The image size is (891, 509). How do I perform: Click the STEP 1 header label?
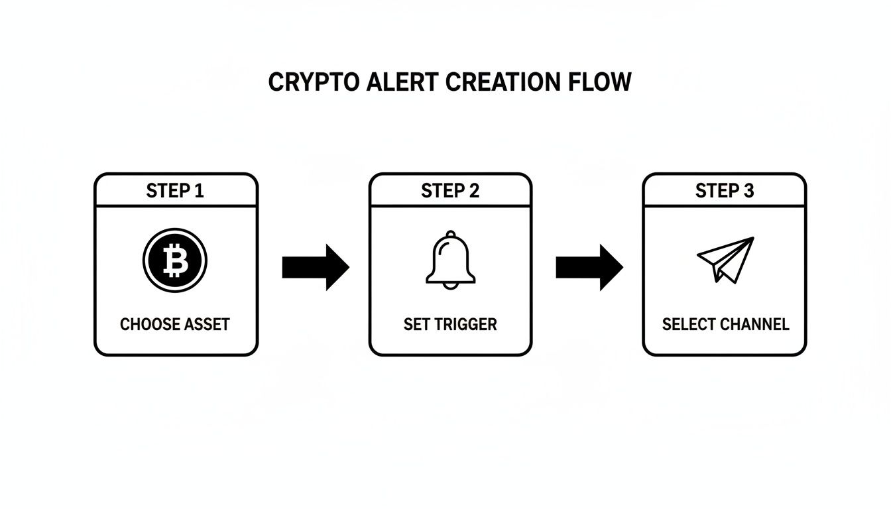[x=175, y=191]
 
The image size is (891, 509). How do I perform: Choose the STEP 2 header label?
[x=450, y=191]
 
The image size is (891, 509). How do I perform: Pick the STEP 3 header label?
[x=725, y=191]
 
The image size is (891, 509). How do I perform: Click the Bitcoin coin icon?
[x=175, y=260]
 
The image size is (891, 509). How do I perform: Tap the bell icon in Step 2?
[x=450, y=260]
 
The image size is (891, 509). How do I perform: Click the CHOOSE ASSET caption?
[x=175, y=325]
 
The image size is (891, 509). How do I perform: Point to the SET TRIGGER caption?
[x=450, y=325]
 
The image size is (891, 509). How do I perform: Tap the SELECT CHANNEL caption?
[x=725, y=325]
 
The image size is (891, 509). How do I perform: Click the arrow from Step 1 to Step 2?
[x=316, y=267]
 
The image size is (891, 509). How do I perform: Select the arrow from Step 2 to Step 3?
[x=589, y=267]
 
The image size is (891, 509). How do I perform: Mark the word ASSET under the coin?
[x=206, y=325]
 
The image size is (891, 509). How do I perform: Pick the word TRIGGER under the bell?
[x=468, y=325]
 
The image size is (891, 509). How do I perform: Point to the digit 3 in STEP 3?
[x=748, y=191]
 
